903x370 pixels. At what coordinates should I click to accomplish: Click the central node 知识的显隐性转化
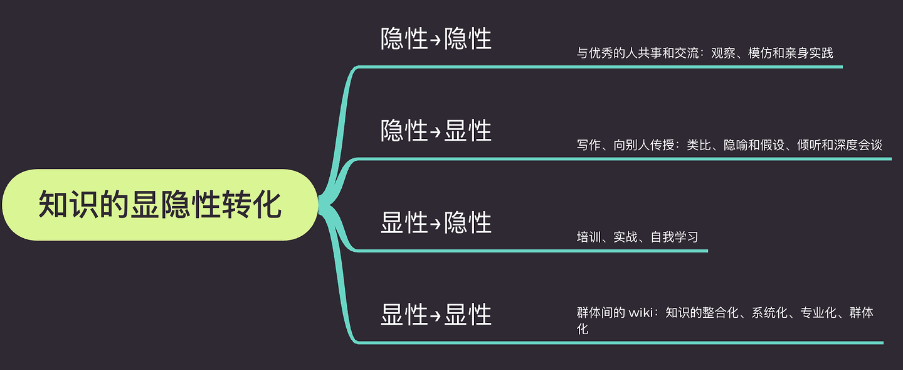pos(160,205)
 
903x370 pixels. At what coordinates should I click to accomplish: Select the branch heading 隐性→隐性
pos(436,39)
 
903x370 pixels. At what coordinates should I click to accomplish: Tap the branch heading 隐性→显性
pos(436,131)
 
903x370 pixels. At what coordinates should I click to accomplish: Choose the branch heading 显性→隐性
pos(436,222)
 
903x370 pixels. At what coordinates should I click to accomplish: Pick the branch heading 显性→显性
pos(436,314)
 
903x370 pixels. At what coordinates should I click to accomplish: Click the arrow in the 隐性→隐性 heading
pos(435,40)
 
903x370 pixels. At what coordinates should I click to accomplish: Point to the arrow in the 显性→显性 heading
pos(435,315)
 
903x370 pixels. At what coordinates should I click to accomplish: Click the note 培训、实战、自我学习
pos(637,237)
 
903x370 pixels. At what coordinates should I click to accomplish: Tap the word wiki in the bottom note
pos(641,313)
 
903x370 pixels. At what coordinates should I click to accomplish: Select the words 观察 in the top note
pos(723,53)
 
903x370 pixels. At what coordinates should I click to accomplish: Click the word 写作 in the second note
pos(589,144)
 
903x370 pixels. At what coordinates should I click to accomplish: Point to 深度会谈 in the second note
pos(858,144)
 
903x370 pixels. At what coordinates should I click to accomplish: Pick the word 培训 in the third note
pos(589,237)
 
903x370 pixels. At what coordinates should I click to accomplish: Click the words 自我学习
pos(675,237)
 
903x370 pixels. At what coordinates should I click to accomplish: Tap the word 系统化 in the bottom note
pos(769,313)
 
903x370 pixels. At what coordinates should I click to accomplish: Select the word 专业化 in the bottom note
pos(818,313)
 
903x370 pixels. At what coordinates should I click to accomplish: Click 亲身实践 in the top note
pos(809,53)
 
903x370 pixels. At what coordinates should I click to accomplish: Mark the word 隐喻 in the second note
pos(736,144)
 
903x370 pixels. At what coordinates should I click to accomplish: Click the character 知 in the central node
pos(53,205)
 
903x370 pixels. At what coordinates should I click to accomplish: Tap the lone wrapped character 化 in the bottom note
pos(583,329)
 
